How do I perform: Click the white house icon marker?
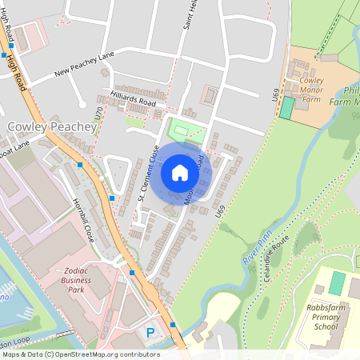tap(180, 173)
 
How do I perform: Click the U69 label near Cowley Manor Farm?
tap(275, 94)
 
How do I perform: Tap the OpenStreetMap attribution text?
tap(80, 354)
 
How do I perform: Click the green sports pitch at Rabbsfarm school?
tap(338, 282)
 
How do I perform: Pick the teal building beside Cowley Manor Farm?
tap(286, 108)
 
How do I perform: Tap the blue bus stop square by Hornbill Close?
tap(112, 198)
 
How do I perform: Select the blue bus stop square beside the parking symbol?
tap(173, 326)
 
